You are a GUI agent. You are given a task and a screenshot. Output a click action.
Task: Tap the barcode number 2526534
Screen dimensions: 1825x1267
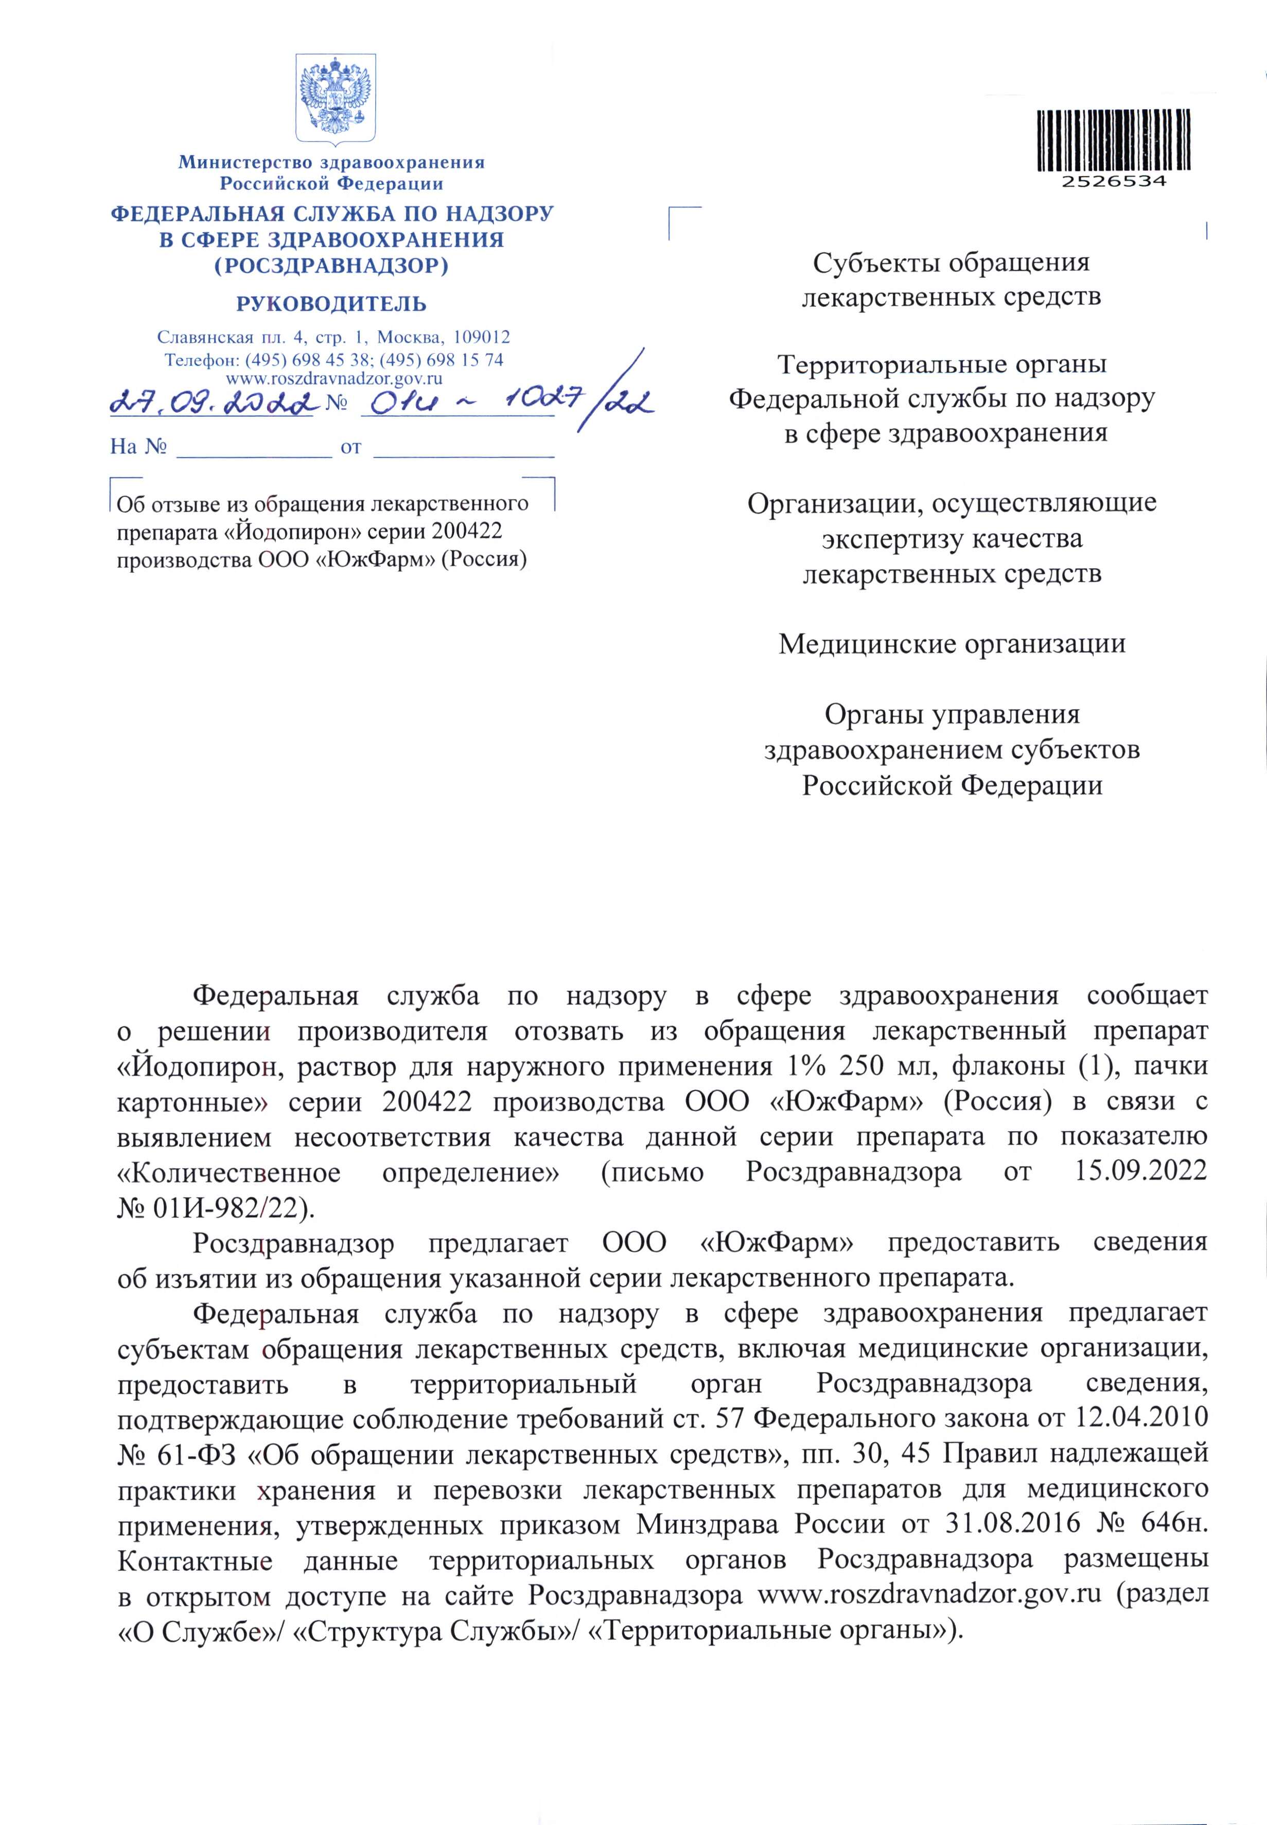[1114, 181]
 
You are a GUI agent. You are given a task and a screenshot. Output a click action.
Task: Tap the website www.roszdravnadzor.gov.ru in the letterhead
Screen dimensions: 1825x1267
[334, 379]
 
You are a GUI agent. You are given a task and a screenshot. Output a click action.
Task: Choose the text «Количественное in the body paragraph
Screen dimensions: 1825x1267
[228, 1171]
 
